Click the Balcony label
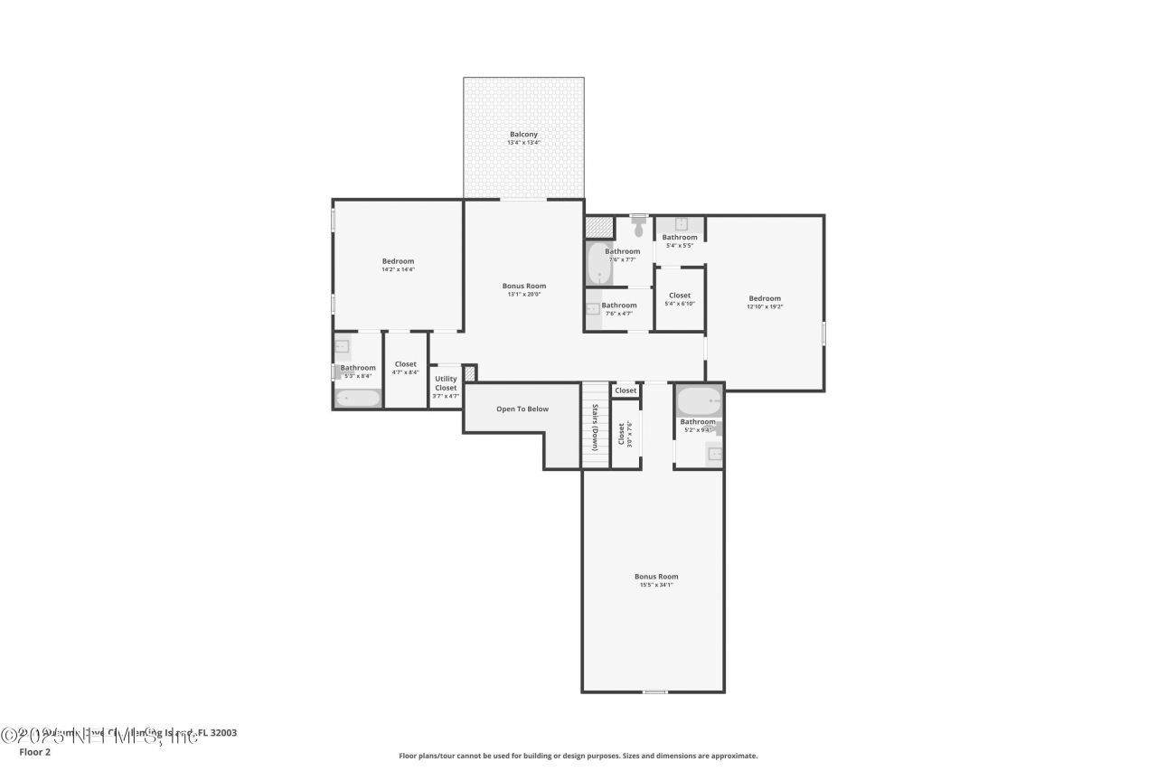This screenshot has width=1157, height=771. click(x=523, y=135)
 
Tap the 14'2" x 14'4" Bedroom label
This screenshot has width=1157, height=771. click(x=398, y=261)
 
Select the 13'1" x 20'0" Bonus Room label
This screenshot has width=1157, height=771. click(x=524, y=286)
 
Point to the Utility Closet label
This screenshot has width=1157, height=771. click(x=446, y=383)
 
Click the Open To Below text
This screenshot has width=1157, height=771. click(x=522, y=409)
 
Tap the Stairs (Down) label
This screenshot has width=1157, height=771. click(x=596, y=428)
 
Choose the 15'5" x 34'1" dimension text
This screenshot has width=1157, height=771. click(x=656, y=585)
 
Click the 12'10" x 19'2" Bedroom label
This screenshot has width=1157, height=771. click(x=765, y=298)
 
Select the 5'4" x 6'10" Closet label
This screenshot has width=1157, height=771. click(x=680, y=296)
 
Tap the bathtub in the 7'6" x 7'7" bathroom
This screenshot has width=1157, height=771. click(x=599, y=263)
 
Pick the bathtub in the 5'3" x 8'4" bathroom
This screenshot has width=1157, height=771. click(x=357, y=398)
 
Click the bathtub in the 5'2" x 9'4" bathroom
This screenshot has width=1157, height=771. click(x=699, y=400)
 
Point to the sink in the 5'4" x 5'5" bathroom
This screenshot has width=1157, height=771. click(x=681, y=224)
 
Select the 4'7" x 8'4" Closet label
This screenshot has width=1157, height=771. click(x=406, y=364)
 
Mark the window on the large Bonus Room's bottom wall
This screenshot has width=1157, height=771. click(x=655, y=691)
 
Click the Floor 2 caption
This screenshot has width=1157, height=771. click(x=34, y=751)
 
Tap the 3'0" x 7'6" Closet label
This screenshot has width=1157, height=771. click(x=622, y=433)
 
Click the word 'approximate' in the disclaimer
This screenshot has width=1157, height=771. click(x=735, y=756)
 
